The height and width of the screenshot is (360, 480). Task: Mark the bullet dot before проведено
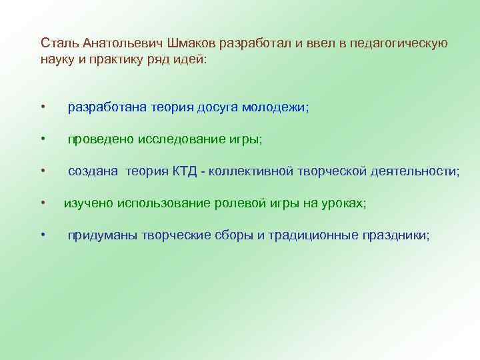(x=42, y=139)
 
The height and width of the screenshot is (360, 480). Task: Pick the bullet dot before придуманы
(x=42, y=235)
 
